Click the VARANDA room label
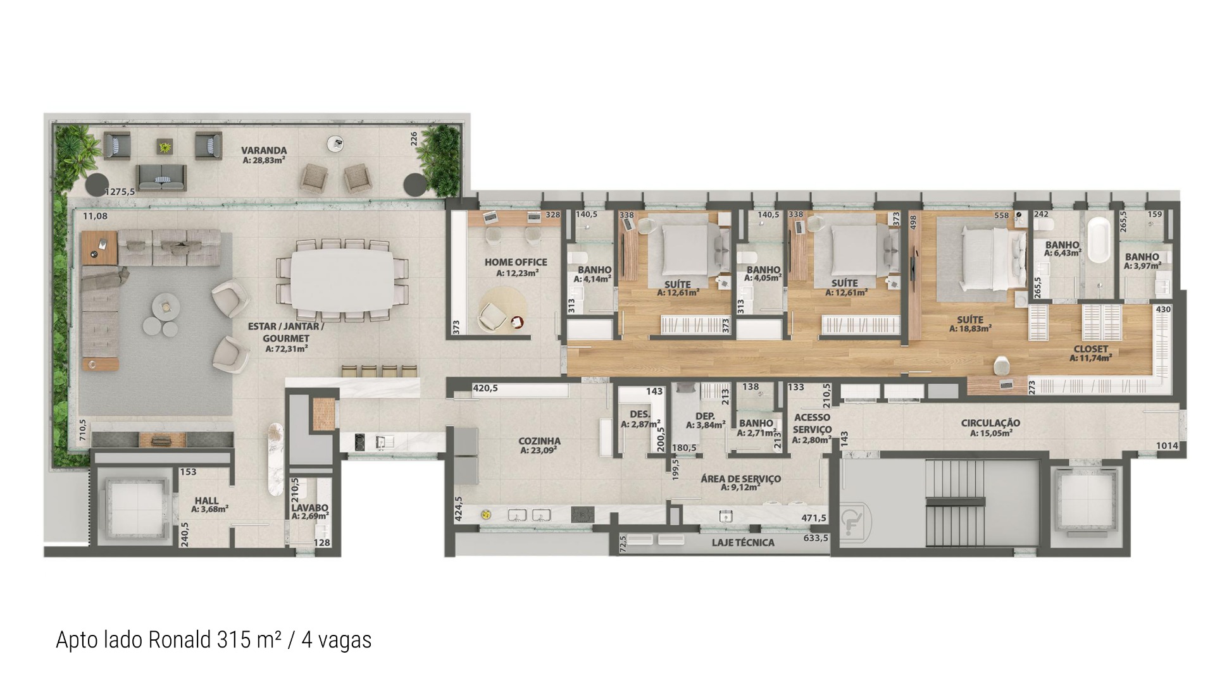(x=264, y=151)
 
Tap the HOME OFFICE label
(x=516, y=262)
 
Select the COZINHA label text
(x=540, y=441)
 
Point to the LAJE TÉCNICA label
(x=743, y=543)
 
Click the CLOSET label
(x=1091, y=349)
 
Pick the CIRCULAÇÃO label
(x=990, y=423)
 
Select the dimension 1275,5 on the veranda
(x=120, y=192)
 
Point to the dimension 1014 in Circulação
(x=1167, y=446)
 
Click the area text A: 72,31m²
(x=287, y=348)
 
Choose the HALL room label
(x=207, y=500)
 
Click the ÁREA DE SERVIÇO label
(x=740, y=479)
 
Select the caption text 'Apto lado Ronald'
(x=134, y=640)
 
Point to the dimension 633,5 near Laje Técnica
(x=816, y=538)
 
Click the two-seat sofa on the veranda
(x=162, y=177)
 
